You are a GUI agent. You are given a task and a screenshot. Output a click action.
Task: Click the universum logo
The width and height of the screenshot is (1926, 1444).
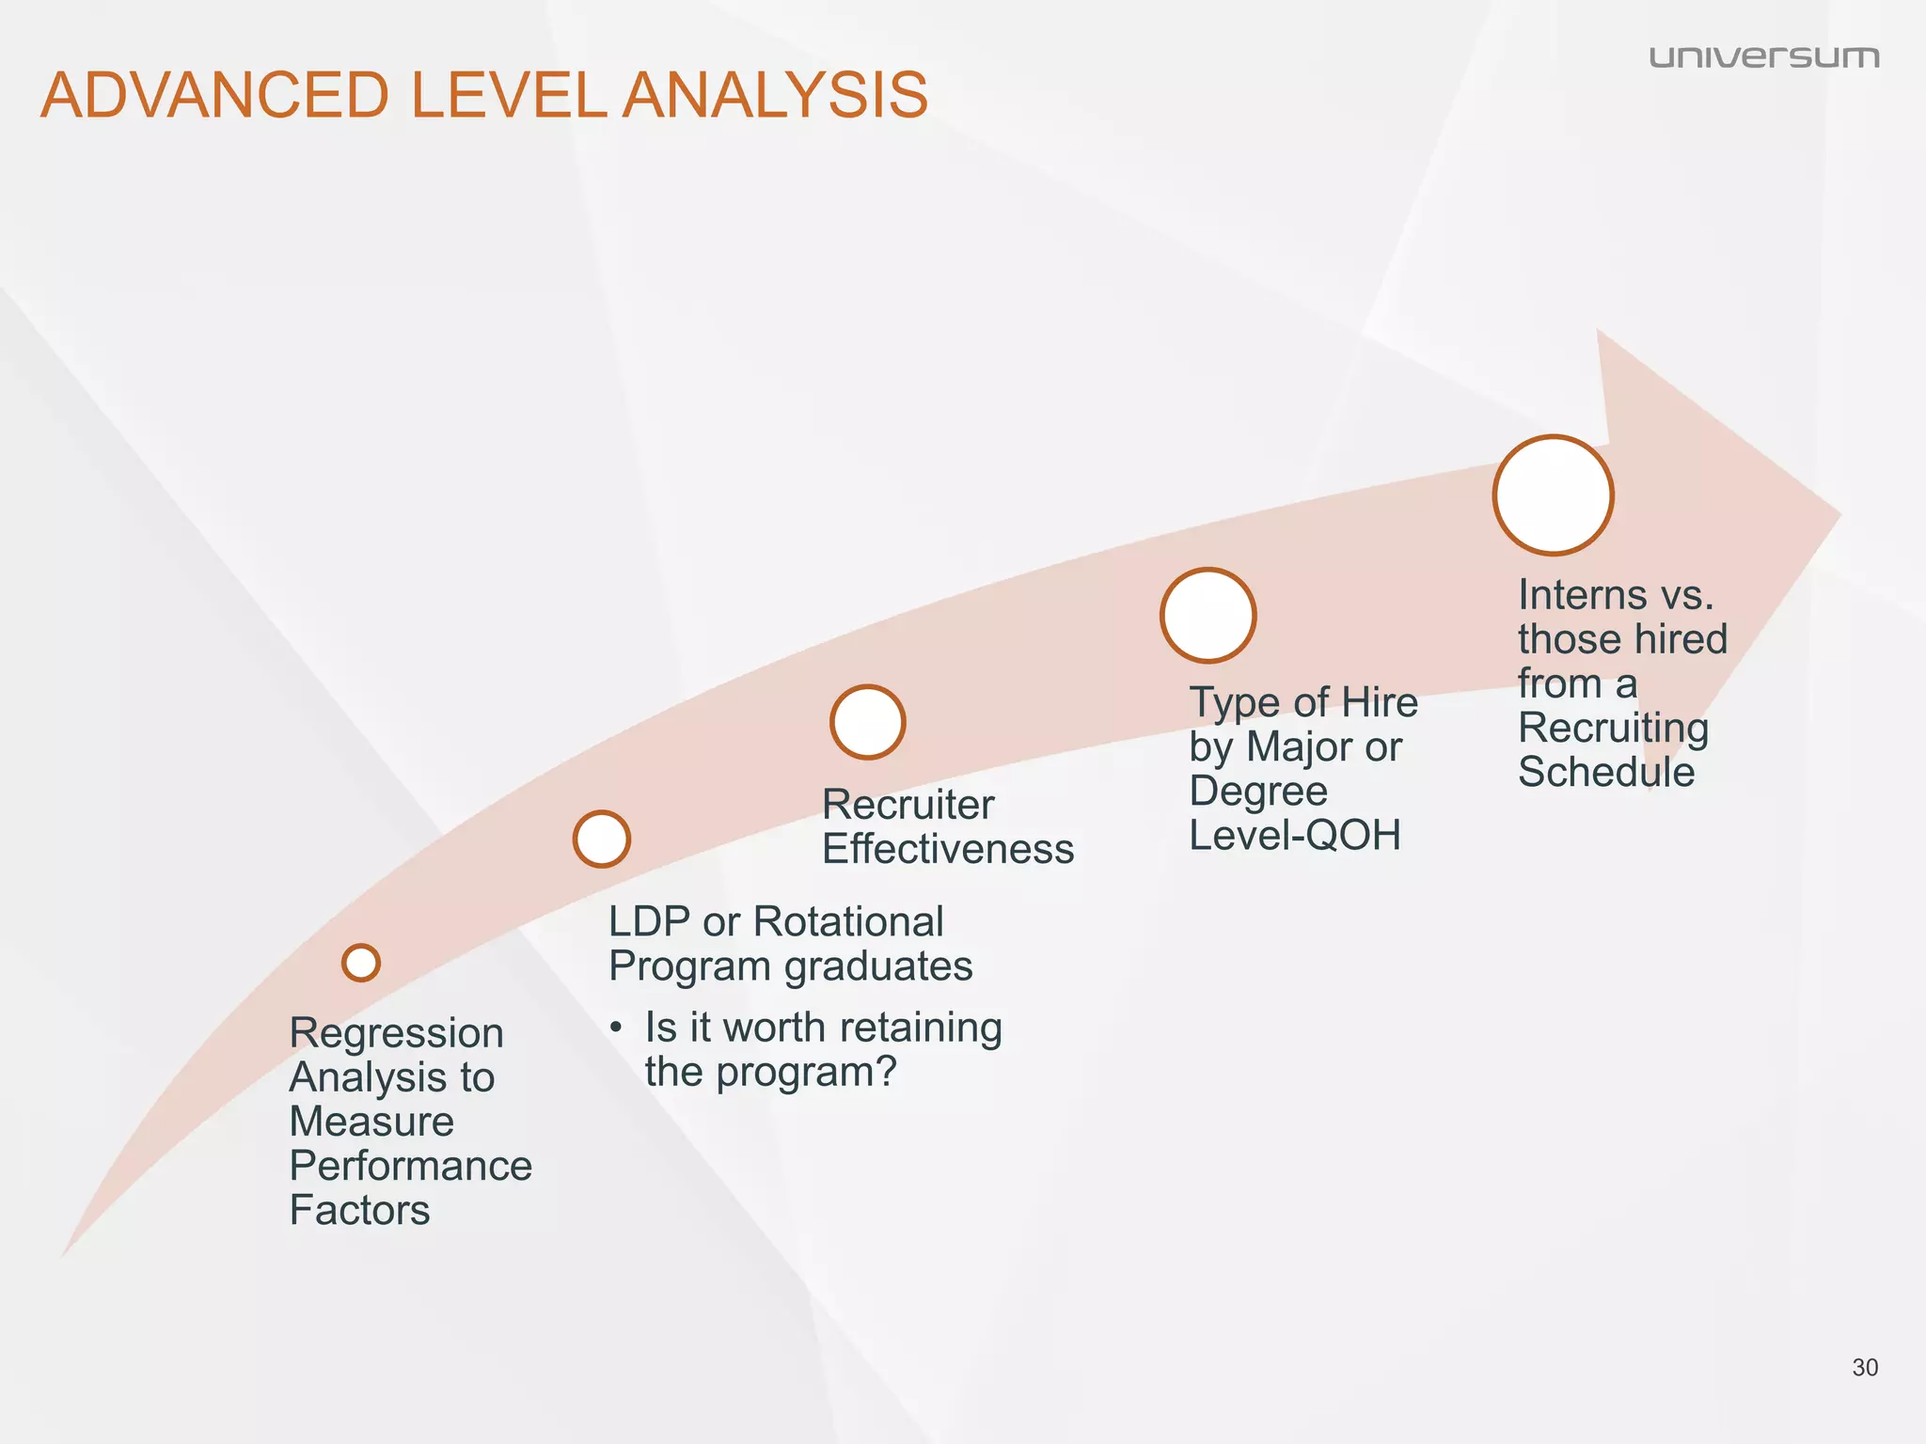coord(1763,57)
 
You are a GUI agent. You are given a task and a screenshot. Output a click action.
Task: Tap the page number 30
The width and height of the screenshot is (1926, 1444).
coord(1864,1368)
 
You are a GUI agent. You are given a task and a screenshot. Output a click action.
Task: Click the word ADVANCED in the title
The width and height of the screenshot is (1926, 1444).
coord(214,96)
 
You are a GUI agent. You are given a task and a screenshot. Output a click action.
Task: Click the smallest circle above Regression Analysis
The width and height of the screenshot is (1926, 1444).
coord(361,963)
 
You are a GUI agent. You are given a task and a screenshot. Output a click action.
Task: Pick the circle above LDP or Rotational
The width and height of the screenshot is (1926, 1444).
coord(602,839)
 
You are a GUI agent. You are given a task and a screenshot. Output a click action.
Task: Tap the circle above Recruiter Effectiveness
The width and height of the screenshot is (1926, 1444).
coord(868,722)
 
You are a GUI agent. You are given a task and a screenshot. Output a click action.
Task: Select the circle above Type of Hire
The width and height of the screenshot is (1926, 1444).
coord(1208,616)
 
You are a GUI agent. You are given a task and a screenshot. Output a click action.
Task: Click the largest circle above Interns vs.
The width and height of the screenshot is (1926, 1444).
coord(1554,495)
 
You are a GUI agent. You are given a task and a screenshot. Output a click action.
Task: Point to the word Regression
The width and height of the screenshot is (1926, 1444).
coord(396,1034)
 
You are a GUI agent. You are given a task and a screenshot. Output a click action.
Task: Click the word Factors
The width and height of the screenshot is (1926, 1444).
coord(359,1211)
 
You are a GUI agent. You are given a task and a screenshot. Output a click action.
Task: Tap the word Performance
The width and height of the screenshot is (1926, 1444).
coord(410,1167)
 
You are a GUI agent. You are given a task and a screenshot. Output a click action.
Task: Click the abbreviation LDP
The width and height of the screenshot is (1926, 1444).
coord(649,922)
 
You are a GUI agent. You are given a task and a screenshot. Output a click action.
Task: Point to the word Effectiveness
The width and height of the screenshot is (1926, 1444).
coord(948,850)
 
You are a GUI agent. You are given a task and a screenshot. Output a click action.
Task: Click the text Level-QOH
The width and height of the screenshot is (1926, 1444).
coord(1295,836)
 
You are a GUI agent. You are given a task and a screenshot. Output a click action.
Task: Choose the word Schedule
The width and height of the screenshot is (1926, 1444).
coord(1606,773)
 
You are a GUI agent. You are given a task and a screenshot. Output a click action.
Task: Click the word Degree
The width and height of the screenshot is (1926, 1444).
coord(1258,792)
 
